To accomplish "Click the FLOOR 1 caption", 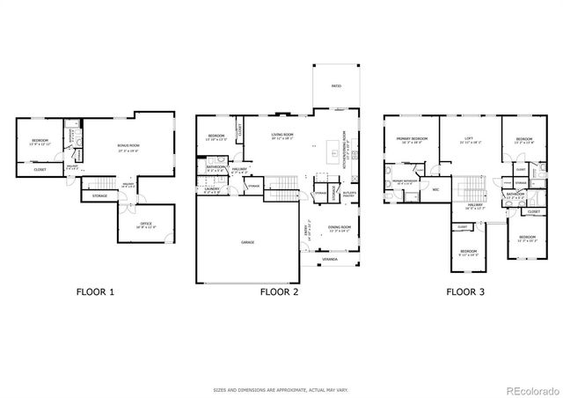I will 95,291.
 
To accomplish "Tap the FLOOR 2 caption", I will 279,291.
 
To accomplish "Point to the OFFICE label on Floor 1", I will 146,225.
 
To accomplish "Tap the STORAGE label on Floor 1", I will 99,195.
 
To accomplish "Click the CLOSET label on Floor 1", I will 40,169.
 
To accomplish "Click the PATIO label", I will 335,86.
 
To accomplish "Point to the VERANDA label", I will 329,260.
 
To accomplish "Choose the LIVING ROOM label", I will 281,135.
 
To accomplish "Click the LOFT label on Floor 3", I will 469,138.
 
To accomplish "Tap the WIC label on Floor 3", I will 435,188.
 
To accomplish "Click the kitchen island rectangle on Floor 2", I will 333,150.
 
